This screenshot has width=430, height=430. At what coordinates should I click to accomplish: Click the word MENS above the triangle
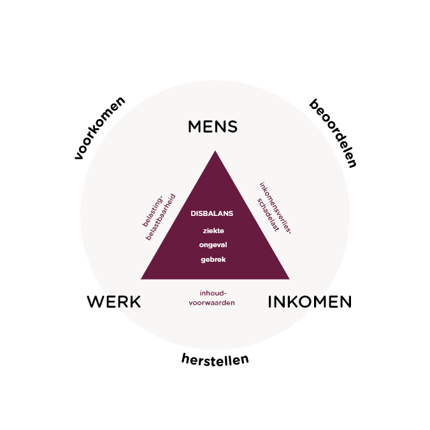212,127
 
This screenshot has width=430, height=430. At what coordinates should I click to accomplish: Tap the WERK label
113,302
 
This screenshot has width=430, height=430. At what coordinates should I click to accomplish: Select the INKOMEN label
309,302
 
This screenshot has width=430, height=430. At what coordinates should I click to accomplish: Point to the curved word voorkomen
99,127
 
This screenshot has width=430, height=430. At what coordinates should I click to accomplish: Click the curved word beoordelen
333,133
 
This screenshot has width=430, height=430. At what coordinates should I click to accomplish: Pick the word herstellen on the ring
215,359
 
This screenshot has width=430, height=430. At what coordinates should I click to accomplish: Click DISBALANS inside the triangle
212,213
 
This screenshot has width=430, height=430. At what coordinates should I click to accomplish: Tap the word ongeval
213,245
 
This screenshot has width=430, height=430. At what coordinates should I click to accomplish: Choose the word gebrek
213,259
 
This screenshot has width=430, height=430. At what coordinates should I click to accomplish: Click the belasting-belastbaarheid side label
159,217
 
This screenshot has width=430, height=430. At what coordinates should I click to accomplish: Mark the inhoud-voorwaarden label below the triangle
211,298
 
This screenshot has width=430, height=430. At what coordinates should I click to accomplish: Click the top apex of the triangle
215,152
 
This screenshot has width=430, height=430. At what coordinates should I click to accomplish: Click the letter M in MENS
195,127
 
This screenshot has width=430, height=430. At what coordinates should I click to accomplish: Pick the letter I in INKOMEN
269,302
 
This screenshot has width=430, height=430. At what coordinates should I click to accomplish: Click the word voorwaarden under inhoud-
211,303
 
